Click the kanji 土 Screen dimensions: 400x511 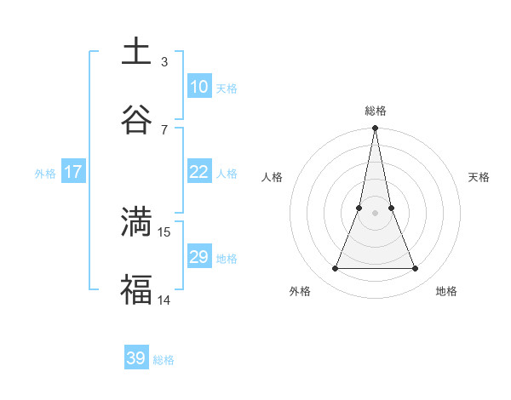(136, 51)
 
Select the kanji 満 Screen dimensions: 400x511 (136, 221)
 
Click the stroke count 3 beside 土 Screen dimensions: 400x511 (164, 61)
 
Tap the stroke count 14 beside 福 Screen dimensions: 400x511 (164, 299)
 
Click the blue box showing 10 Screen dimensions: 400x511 (198, 86)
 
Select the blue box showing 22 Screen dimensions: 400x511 (198, 172)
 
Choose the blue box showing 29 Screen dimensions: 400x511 (198, 257)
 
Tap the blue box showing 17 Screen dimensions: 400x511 (72, 172)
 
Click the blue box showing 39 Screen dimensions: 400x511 (135, 358)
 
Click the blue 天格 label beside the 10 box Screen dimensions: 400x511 (227, 88)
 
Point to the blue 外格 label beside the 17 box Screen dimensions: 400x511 (45, 174)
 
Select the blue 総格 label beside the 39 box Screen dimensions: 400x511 (164, 360)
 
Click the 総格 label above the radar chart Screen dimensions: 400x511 (376, 111)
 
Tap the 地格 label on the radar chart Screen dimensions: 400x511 (446, 291)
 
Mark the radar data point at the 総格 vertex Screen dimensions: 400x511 (375, 129)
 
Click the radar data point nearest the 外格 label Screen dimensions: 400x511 (335, 269)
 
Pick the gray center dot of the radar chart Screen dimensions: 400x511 (375, 213)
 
